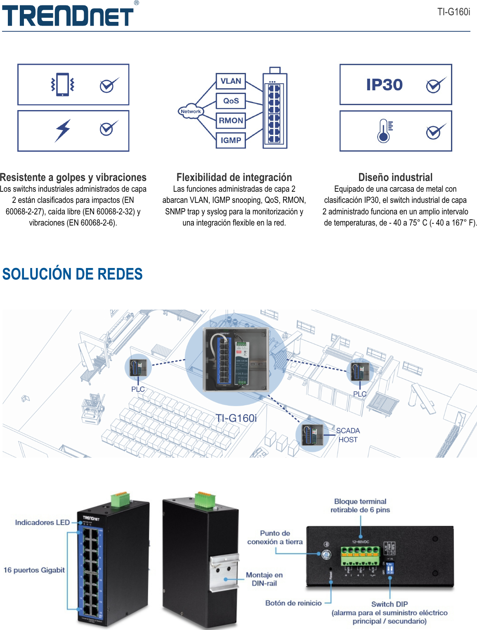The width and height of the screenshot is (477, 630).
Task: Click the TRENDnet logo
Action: coord(68,16)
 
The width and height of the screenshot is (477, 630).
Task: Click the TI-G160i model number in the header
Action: coord(453,12)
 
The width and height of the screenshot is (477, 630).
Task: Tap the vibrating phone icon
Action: coord(62,85)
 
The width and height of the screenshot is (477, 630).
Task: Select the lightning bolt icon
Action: coord(63,130)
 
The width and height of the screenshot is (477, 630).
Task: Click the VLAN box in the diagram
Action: coord(231,81)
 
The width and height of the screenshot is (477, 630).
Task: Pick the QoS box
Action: coord(231,101)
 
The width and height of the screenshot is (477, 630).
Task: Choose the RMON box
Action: coord(231,121)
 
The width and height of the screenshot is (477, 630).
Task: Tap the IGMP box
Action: coord(231,140)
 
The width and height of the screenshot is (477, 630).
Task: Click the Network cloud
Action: coord(190,111)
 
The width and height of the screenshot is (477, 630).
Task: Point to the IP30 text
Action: coord(384,85)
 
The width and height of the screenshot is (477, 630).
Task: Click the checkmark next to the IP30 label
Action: coord(435,85)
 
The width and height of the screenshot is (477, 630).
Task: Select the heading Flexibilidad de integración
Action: coord(234,177)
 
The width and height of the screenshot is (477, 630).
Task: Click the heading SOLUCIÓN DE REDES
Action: coord(72,274)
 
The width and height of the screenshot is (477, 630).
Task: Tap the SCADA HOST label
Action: coord(348,435)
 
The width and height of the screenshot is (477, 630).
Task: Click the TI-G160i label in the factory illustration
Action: coord(236,418)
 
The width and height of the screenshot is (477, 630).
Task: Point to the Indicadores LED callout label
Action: coord(42,522)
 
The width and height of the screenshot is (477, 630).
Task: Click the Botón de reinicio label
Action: coord(293,603)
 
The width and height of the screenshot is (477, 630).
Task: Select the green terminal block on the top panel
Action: coord(360,555)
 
